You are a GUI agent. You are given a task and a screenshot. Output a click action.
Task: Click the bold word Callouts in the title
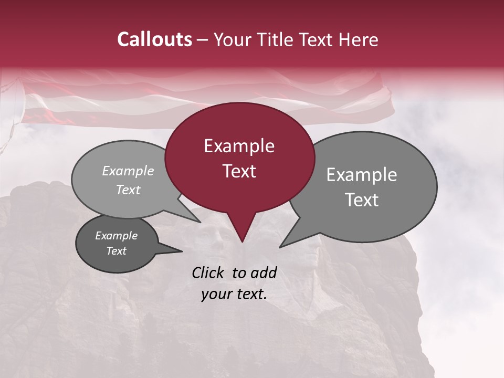tap(154, 39)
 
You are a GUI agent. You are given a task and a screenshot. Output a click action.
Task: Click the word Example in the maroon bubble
tap(239, 146)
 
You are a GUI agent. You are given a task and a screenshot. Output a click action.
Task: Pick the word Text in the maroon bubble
tap(239, 171)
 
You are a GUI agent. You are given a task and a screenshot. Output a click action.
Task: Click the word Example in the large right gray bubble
tap(361, 175)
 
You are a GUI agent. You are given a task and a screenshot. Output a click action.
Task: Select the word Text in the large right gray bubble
tap(362, 200)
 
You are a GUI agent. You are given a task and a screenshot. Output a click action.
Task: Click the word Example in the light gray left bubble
tap(128, 171)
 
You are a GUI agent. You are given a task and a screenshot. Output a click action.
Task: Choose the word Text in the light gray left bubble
tap(128, 190)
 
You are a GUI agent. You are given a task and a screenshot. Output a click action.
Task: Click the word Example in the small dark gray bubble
tap(116, 236)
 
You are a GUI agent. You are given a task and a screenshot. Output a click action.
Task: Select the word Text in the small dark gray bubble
tap(116, 251)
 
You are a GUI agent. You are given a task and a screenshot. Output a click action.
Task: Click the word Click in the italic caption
tap(209, 272)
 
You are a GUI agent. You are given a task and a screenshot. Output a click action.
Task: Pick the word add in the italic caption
tap(264, 272)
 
